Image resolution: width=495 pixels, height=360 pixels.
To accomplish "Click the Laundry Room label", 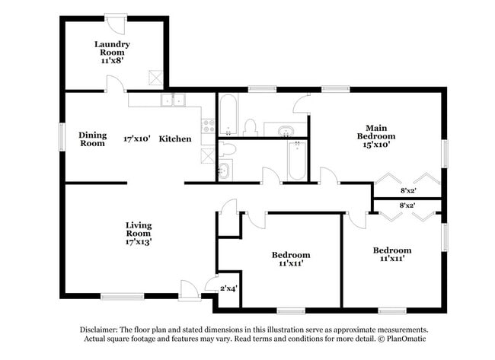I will pos(112,49).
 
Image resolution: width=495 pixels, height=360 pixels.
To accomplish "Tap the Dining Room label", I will pos(93,139).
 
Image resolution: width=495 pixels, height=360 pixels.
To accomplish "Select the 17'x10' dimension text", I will pos(137,139).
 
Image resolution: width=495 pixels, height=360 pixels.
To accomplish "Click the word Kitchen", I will pos(174,139).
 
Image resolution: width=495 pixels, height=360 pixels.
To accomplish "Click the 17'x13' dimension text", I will pos(139,242).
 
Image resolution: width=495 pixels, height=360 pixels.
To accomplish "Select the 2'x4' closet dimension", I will pos(229,288).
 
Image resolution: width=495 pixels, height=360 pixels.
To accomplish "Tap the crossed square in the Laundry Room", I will pos(155,76).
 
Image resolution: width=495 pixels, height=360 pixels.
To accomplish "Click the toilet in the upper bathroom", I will pos(250,126).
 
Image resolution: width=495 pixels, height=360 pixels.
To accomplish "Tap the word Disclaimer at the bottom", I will pos(103,329).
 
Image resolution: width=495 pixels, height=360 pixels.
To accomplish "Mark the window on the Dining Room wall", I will pos(63,138).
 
